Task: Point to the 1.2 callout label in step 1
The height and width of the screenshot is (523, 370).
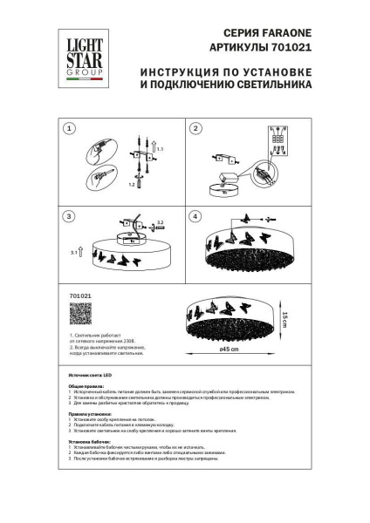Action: pos(133,185)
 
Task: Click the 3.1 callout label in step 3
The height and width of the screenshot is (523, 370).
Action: pos(74,252)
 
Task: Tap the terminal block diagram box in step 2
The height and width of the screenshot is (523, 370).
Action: pos(277,142)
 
